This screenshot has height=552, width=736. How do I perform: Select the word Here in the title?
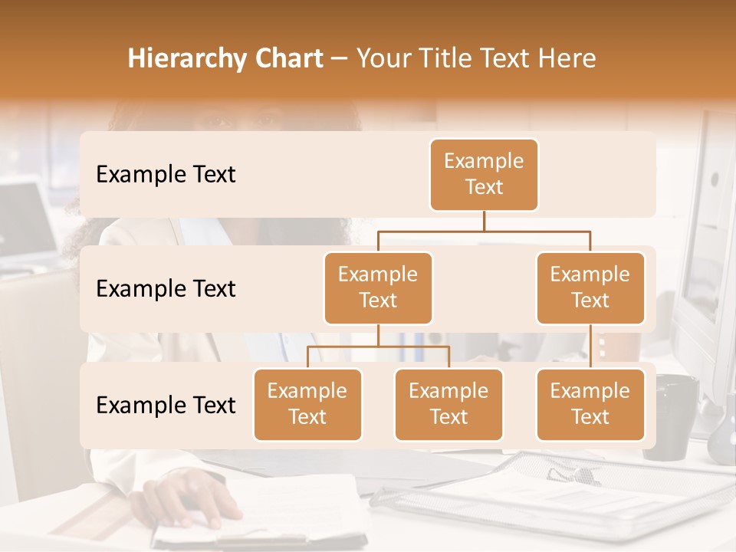tap(567, 58)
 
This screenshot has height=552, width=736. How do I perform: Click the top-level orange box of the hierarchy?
tap(484, 174)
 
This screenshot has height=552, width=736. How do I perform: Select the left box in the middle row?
tap(378, 287)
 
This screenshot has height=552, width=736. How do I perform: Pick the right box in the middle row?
tap(590, 287)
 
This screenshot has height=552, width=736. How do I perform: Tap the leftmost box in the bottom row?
tap(307, 404)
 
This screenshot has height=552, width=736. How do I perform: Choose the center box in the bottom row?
tap(449, 404)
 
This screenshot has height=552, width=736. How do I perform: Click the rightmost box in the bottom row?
tap(590, 404)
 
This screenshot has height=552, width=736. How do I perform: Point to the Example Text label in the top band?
tap(166, 174)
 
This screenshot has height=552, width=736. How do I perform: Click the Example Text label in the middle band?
tap(166, 288)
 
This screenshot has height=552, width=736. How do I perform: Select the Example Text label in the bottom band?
tap(166, 405)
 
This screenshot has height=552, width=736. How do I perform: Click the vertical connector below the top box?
tap(484, 221)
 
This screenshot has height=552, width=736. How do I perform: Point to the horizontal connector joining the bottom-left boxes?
tap(378, 347)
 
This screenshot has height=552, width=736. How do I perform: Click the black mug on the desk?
tap(670, 418)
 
